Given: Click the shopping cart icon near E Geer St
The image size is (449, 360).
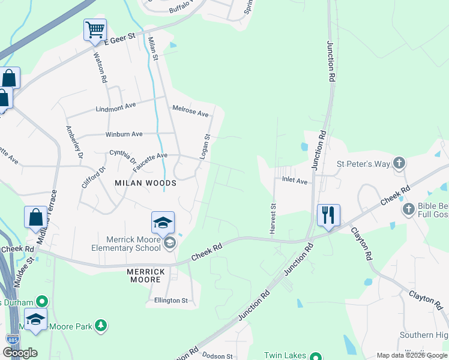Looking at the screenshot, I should [x=95, y=30].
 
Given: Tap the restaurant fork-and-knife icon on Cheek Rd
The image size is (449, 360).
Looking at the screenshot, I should [x=328, y=215].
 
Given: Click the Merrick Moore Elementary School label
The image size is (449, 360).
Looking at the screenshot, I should [x=126, y=243].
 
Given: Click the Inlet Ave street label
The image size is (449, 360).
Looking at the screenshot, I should [x=295, y=181].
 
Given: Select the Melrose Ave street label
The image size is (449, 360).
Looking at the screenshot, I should [x=190, y=111].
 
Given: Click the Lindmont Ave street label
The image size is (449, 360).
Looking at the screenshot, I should [x=116, y=108].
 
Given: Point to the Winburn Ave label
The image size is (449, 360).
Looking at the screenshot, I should [x=124, y=134].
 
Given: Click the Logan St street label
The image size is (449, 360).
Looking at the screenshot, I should [x=205, y=146].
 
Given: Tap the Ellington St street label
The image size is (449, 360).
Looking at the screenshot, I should [x=171, y=300].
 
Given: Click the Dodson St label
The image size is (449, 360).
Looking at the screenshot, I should [x=217, y=356].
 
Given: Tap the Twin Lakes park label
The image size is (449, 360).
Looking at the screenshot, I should [x=285, y=356].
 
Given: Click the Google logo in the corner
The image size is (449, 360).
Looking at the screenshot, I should [x=20, y=353].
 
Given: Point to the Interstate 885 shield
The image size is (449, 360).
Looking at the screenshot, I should [x=11, y=340].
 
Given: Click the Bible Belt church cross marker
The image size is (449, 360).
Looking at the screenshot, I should [x=409, y=209].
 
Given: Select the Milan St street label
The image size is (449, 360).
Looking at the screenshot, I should [x=152, y=49].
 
